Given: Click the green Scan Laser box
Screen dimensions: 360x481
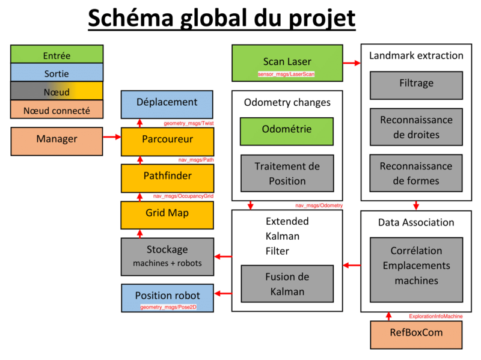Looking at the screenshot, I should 287,63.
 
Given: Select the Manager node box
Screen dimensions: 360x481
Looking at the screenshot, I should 57,139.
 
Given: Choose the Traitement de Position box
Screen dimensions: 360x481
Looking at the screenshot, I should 286,173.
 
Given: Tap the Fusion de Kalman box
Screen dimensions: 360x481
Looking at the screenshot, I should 286,284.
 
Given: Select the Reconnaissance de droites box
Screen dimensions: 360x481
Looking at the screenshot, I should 416,126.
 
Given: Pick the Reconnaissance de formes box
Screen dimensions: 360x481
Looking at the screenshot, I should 416,172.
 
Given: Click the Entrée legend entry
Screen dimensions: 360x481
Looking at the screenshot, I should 57,56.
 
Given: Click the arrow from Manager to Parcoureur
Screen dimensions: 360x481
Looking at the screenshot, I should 111,138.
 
